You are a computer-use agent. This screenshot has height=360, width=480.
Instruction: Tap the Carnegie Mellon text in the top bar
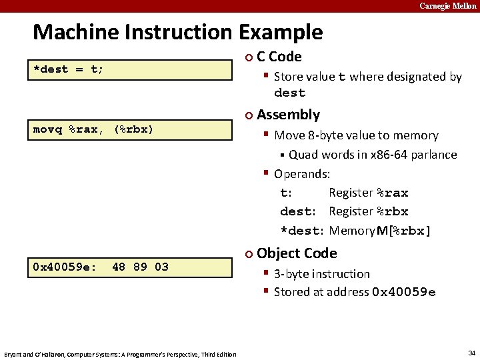[x=447, y=6]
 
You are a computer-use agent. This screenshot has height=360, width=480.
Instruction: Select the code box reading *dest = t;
[x=130, y=69]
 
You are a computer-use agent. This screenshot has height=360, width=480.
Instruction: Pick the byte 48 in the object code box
[x=119, y=267]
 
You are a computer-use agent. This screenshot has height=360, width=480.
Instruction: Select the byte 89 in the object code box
[x=140, y=267]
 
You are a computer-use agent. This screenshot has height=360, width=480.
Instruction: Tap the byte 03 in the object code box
[x=161, y=267]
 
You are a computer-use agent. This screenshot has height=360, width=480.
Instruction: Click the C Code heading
[x=279, y=57]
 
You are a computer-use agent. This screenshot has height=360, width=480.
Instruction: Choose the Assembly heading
[x=288, y=115]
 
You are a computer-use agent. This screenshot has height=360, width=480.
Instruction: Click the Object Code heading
[x=297, y=253]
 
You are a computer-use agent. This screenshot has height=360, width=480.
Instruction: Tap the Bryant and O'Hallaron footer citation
[x=120, y=354]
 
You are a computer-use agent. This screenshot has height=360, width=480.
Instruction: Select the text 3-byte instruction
[x=321, y=274]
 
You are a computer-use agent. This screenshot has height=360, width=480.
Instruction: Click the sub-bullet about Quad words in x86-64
[x=372, y=155]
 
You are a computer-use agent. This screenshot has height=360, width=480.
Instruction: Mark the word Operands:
[x=302, y=174]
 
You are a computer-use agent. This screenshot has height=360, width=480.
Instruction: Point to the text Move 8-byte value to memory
[x=356, y=135]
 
